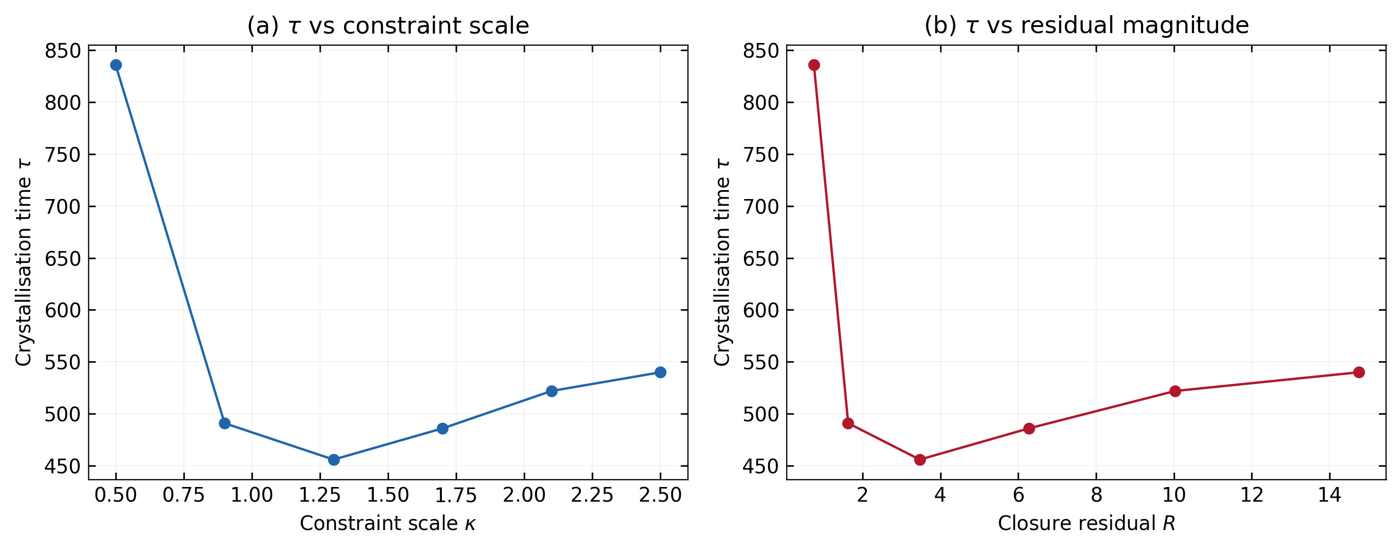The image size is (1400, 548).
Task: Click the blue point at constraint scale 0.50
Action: click(x=116, y=65)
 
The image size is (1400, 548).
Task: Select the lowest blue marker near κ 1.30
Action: click(x=334, y=460)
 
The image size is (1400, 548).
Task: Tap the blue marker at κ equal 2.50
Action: click(x=660, y=373)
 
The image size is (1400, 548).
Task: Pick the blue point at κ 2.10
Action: click(x=552, y=391)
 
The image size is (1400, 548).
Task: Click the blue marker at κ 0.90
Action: click(x=225, y=424)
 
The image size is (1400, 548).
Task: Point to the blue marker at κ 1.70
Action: click(x=442, y=429)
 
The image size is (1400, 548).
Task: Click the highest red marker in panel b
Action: click(x=814, y=65)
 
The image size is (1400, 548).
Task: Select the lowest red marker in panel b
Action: click(x=920, y=460)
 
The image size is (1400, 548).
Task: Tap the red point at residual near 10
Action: click(x=1175, y=391)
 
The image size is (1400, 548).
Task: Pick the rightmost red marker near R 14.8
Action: click(x=1359, y=373)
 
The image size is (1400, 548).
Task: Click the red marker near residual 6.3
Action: click(x=1029, y=429)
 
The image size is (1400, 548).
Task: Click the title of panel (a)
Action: click(x=388, y=26)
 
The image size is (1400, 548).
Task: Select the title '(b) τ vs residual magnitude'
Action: click(x=1087, y=26)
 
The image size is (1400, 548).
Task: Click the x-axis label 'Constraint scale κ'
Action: click(x=388, y=523)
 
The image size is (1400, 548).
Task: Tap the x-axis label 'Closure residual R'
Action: click(x=1087, y=523)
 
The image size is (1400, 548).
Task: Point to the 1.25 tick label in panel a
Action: click(x=320, y=495)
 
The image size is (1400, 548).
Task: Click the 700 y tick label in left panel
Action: click(x=62, y=207)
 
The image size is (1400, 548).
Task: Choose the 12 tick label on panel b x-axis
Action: click(x=1252, y=495)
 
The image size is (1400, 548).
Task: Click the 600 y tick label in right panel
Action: click(x=761, y=311)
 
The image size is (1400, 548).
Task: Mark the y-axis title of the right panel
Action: click(x=722, y=262)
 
